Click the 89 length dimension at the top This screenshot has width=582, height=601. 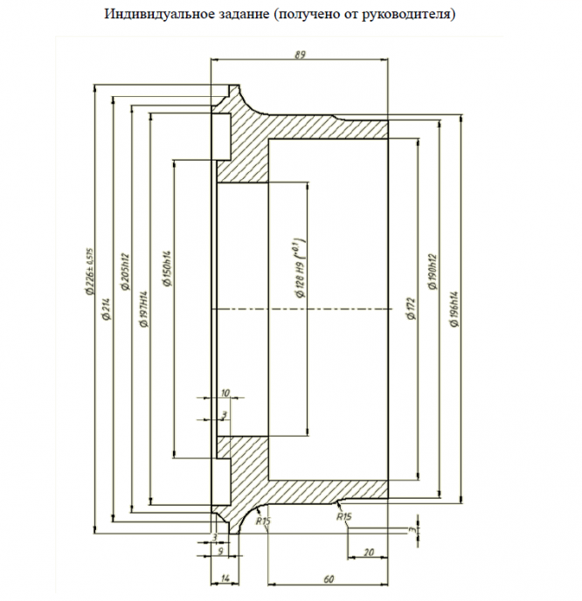[301, 54]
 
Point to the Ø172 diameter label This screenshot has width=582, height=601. [411, 308]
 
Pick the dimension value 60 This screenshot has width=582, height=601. [328, 578]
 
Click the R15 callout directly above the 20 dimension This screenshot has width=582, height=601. [343, 517]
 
